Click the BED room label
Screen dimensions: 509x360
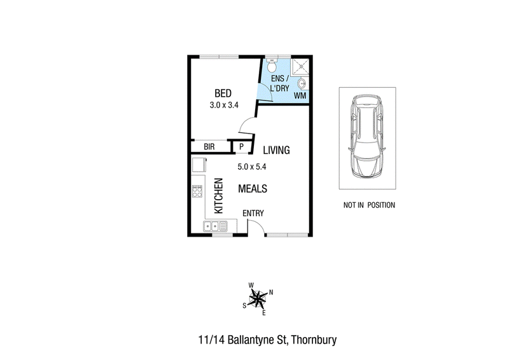223,93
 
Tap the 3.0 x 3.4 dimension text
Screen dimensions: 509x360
224,105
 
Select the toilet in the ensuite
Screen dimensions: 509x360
272,66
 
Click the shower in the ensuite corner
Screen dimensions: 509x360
300,67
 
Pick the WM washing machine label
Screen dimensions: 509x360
300,96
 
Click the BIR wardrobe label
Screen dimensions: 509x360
209,147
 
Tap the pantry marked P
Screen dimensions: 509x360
241,147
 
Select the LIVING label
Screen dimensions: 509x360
276,150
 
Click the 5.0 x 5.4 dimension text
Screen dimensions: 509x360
252,167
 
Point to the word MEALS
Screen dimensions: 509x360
253,189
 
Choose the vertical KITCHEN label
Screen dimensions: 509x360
219,196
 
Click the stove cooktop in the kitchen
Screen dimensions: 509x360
197,191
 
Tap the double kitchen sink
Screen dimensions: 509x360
216,226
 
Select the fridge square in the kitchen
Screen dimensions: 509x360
199,165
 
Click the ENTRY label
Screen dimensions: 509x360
253,213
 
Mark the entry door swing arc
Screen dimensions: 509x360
260,224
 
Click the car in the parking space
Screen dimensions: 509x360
367,136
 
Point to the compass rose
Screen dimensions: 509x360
258,298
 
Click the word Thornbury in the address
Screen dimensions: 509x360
314,340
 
